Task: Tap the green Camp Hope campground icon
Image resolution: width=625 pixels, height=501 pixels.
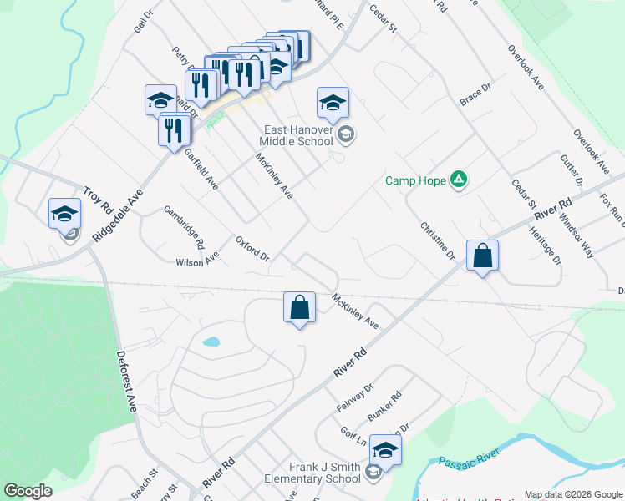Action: tap(458, 180)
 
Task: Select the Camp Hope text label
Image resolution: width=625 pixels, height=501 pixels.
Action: tap(415, 180)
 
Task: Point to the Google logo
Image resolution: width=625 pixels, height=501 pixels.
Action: tap(28, 491)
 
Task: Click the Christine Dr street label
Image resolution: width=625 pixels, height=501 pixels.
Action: tap(436, 240)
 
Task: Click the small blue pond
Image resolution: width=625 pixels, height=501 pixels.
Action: tap(211, 342)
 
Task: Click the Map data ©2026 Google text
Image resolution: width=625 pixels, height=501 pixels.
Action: tap(572, 494)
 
